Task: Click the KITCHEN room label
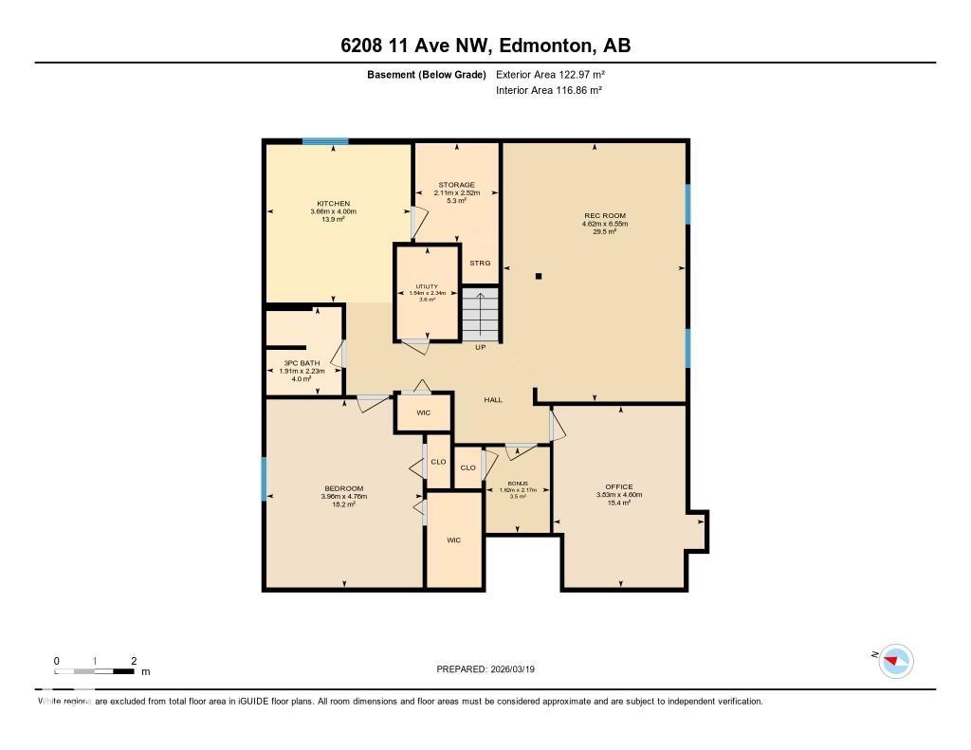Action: coord(334,204)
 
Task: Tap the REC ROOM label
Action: coord(605,216)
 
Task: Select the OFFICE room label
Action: coord(619,487)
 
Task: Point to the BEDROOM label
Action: coord(343,489)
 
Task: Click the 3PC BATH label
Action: coord(302,363)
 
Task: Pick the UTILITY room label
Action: coord(426,286)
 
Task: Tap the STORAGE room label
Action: coord(456,185)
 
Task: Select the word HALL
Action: coord(493,400)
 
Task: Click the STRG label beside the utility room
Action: coord(480,263)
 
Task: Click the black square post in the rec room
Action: coord(539,277)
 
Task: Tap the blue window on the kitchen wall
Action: coord(325,142)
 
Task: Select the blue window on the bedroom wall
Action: coord(265,479)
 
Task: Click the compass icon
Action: coord(895,660)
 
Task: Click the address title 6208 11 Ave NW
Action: coord(485,46)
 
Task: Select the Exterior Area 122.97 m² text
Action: coord(550,74)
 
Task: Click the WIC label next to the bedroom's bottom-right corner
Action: coord(454,540)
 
